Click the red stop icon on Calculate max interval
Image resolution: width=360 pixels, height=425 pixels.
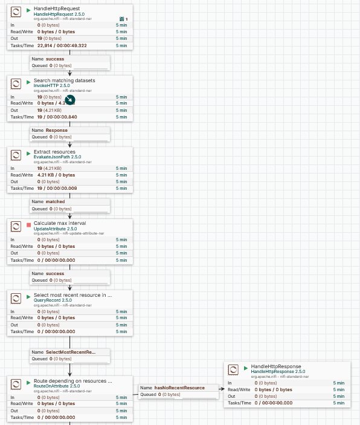tap(29, 225)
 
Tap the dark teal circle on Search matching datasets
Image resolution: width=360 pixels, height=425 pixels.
tap(70, 100)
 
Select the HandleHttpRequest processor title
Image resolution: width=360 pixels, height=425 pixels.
tap(57, 8)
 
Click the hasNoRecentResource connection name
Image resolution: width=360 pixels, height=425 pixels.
tap(179, 388)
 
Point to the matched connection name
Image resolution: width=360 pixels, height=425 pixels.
tap(55, 202)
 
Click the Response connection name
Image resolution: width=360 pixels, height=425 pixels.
tap(57, 131)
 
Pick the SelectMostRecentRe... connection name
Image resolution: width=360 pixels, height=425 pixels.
tap(71, 352)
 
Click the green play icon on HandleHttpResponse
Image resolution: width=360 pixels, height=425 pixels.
tap(246, 368)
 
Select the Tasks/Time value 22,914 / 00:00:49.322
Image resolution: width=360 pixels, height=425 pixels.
tap(62, 45)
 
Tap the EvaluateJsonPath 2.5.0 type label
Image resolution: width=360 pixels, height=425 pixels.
tap(57, 157)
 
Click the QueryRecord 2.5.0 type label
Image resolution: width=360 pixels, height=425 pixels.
tap(53, 300)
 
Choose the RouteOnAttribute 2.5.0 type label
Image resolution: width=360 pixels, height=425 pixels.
tap(57, 386)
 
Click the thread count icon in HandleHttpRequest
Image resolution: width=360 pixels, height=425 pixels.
tap(122, 19)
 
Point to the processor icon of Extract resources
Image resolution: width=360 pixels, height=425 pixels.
tap(16, 155)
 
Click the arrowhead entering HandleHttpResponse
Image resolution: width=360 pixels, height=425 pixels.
tap(222, 389)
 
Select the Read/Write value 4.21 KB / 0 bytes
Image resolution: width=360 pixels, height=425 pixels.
tap(56, 175)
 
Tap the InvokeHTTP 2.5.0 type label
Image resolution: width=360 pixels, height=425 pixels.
tap(52, 86)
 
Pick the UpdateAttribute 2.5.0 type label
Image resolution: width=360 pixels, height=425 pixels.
tap(55, 229)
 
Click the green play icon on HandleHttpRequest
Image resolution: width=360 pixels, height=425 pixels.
tap(28, 10)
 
